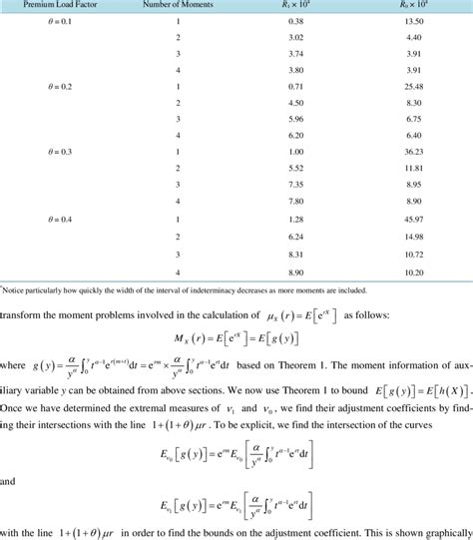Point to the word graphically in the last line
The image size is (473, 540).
click(x=442, y=531)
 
